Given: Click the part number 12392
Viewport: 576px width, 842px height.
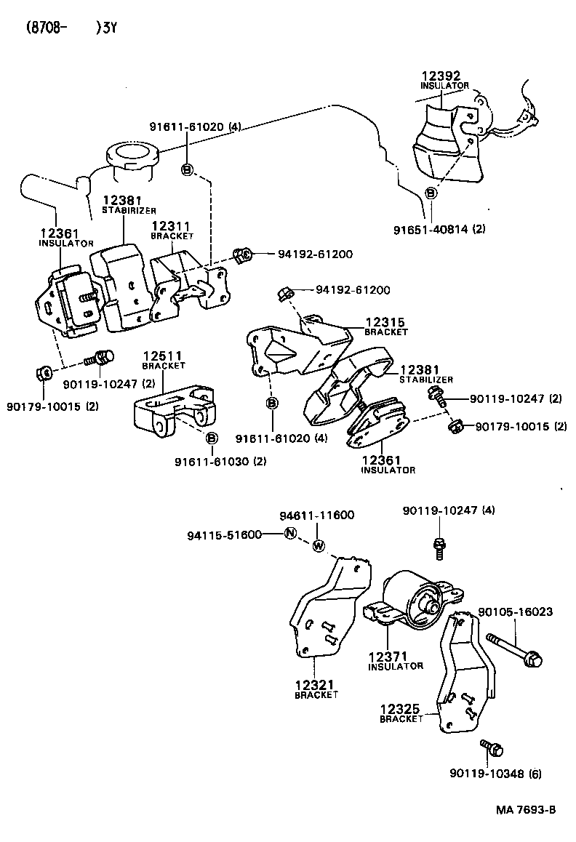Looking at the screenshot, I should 441,76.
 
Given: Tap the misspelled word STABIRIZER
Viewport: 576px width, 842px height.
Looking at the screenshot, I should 129,211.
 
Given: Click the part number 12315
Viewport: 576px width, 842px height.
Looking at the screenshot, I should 385,322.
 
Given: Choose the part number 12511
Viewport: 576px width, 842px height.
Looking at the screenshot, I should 163,356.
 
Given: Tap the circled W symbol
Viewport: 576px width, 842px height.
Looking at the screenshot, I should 319,547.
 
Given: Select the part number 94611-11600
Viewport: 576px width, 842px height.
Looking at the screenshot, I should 317,516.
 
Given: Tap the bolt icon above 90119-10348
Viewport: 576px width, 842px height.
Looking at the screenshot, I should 488,747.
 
